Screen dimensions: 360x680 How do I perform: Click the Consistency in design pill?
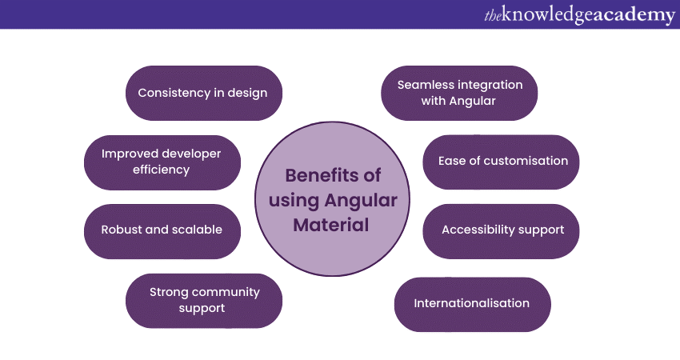click(x=203, y=93)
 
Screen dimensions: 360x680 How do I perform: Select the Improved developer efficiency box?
click(x=162, y=162)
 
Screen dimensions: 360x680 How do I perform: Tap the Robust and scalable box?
click(x=162, y=230)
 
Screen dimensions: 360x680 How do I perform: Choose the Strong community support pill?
click(x=204, y=300)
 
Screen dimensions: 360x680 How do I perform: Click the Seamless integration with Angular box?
click(x=459, y=93)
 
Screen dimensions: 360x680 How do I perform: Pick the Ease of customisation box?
click(x=501, y=162)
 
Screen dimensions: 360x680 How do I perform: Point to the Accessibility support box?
click(x=502, y=230)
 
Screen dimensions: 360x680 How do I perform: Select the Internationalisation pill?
click(x=472, y=304)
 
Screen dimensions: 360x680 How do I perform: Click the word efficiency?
click(x=162, y=170)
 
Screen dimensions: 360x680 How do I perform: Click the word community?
click(x=223, y=293)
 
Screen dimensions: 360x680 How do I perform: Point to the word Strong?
click(x=167, y=293)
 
